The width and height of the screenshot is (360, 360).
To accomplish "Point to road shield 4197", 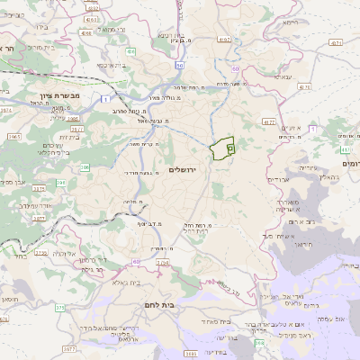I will click(224, 40).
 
